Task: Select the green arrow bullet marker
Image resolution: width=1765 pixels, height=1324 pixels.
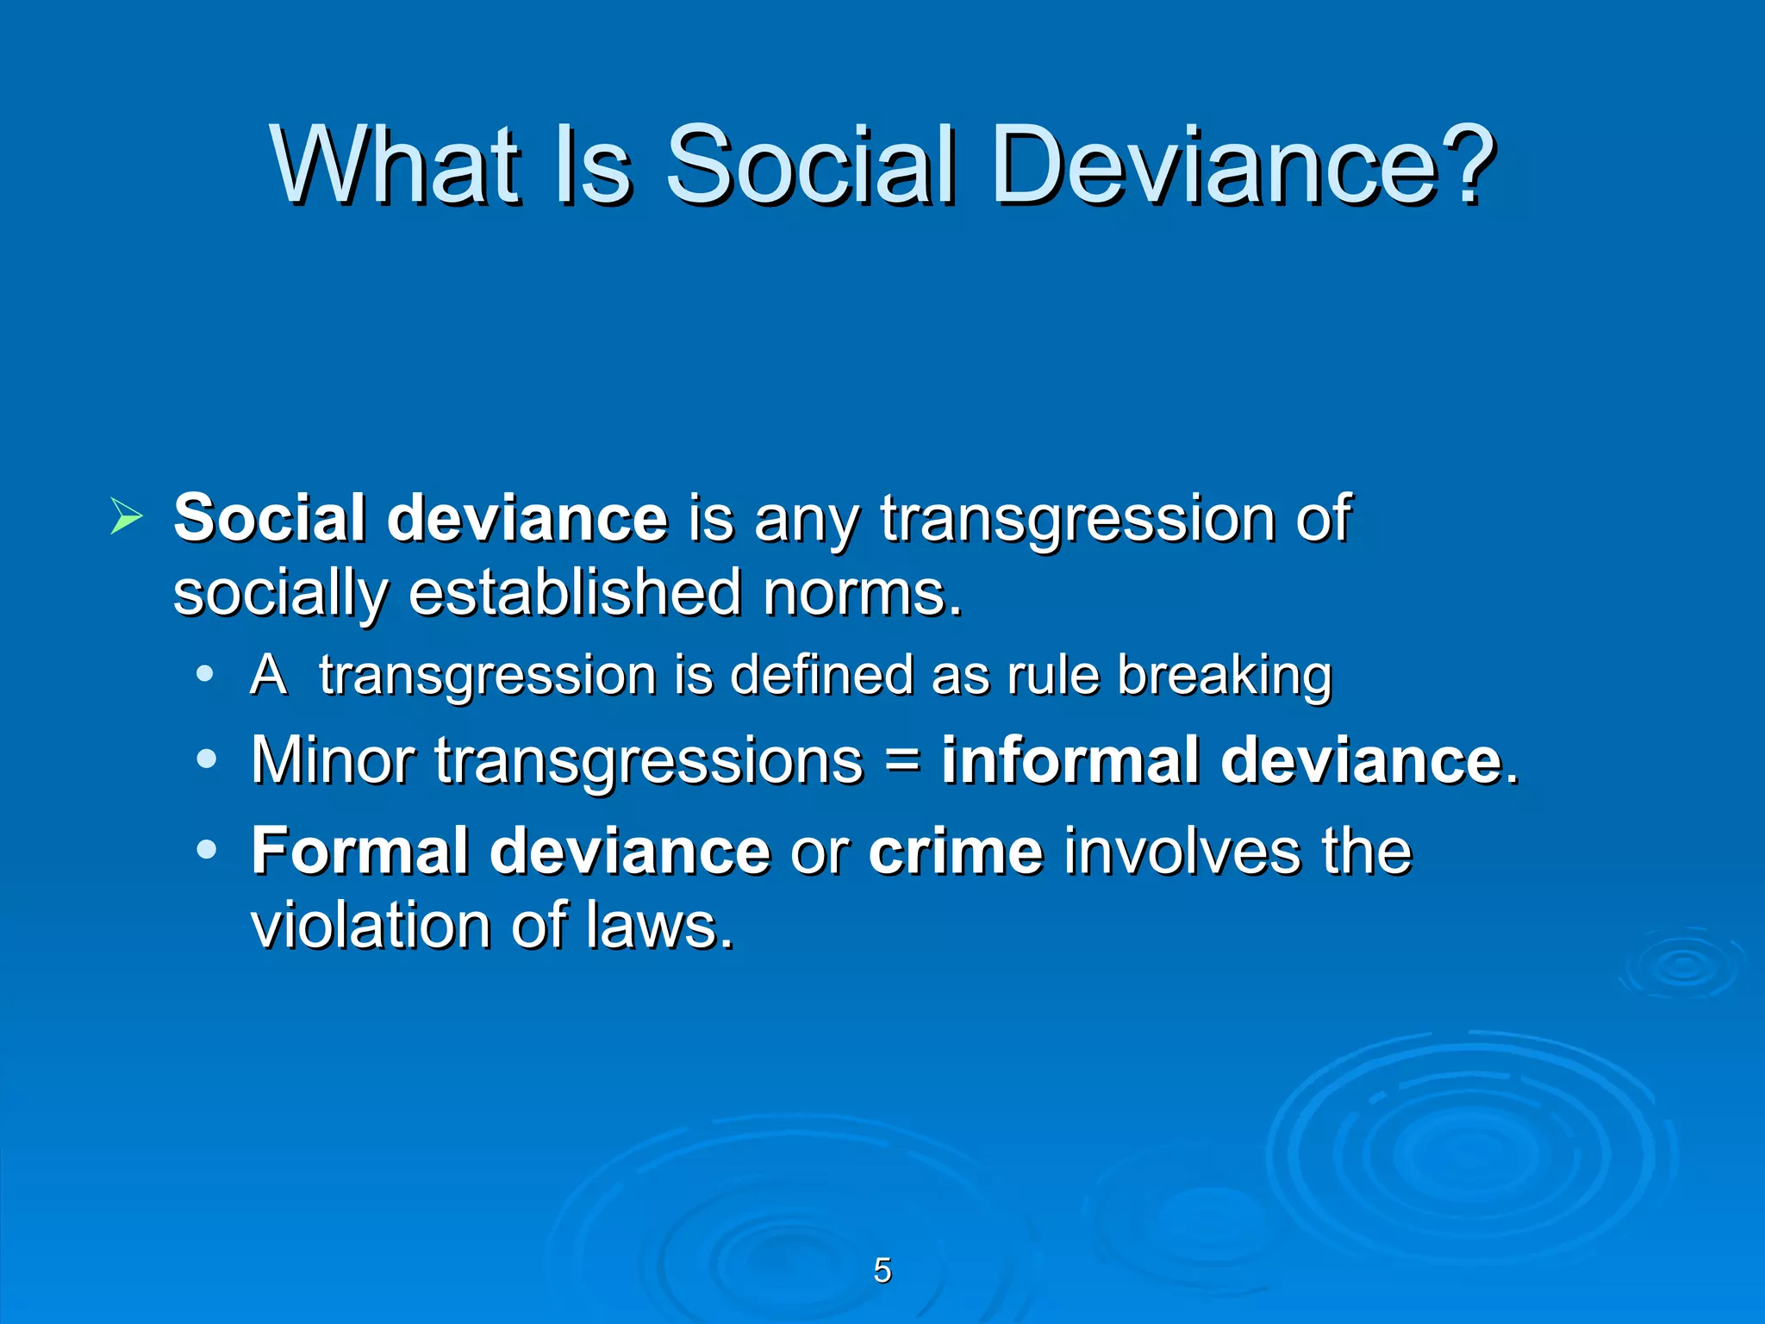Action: (x=126, y=517)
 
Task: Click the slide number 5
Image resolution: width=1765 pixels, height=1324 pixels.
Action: (x=882, y=1271)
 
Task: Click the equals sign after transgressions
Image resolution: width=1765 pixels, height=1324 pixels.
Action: (x=901, y=760)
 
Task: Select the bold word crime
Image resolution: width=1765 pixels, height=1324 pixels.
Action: (x=956, y=851)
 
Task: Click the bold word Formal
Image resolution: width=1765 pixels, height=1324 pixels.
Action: (x=359, y=851)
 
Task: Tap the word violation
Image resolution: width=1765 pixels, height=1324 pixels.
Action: (x=371, y=926)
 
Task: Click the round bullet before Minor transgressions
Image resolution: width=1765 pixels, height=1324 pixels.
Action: (x=206, y=759)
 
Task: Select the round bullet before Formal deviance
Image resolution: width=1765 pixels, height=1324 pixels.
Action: (x=206, y=850)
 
